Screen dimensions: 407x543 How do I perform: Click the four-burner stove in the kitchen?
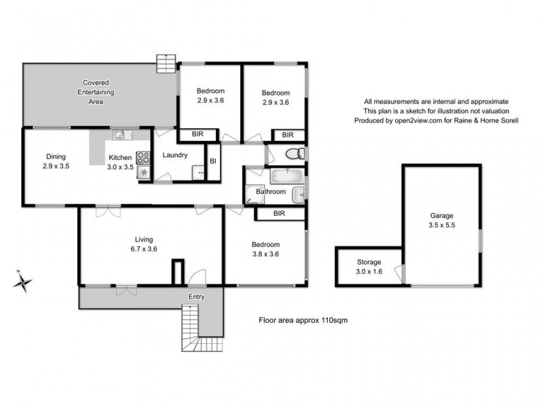(x=143, y=158)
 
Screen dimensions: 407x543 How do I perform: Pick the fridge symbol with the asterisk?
(x=144, y=173)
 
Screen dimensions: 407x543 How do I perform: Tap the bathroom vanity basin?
(x=298, y=195)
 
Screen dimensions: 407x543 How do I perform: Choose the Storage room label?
(x=369, y=262)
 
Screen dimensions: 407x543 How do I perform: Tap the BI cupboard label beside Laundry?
(x=212, y=161)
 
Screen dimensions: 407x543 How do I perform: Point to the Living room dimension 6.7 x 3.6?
(x=143, y=250)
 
